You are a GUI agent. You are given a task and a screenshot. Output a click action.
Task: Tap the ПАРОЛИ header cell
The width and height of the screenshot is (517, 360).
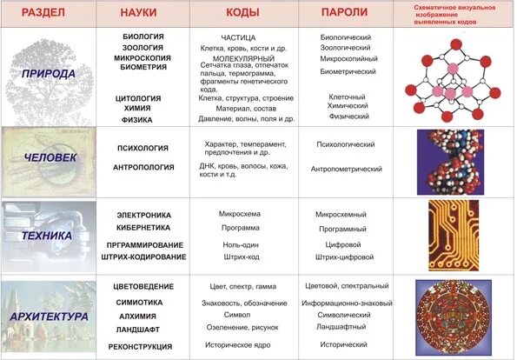tap(344, 13)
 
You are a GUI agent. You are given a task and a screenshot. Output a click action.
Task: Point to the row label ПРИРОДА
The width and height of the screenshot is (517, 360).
tap(49, 73)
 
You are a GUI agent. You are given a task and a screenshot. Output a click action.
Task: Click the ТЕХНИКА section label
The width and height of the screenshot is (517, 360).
tap(49, 235)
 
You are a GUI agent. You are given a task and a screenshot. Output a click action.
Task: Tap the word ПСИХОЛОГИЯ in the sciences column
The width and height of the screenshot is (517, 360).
tap(142, 148)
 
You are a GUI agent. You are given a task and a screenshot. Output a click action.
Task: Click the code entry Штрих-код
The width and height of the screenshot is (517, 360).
tap(241, 257)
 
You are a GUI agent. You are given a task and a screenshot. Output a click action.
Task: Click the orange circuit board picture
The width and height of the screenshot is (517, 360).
tap(453, 236)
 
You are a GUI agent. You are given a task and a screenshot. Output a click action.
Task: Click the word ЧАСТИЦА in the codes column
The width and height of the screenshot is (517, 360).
tap(239, 38)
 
